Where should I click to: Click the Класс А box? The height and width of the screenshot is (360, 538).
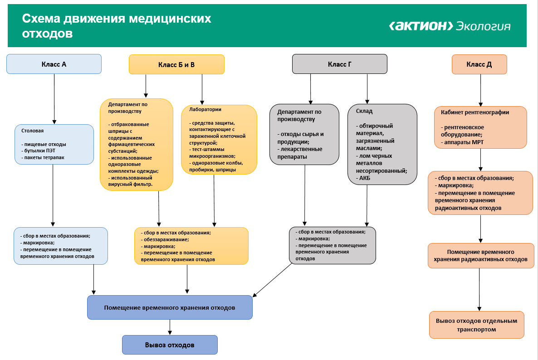click(x=54, y=64)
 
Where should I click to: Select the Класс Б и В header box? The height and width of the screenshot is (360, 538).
click(x=176, y=64)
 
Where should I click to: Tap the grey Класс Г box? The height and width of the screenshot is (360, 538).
click(x=339, y=64)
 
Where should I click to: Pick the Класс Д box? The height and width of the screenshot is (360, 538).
click(x=479, y=64)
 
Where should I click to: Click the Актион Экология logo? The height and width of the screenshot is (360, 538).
click(x=450, y=26)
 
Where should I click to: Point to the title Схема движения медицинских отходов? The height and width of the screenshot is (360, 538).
click(x=117, y=26)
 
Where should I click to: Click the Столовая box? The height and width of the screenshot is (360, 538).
click(x=54, y=144)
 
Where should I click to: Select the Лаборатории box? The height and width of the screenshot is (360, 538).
click(x=219, y=139)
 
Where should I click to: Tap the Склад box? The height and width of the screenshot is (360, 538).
click(x=382, y=144)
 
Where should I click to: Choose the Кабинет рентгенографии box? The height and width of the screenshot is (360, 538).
click(x=480, y=127)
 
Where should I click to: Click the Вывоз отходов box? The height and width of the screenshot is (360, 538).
click(x=170, y=345)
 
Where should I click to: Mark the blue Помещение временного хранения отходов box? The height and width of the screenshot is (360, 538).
click(x=170, y=307)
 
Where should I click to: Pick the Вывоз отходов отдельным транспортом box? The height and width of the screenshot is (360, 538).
click(x=476, y=325)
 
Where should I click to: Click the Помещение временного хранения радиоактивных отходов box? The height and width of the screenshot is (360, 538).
click(x=480, y=255)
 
